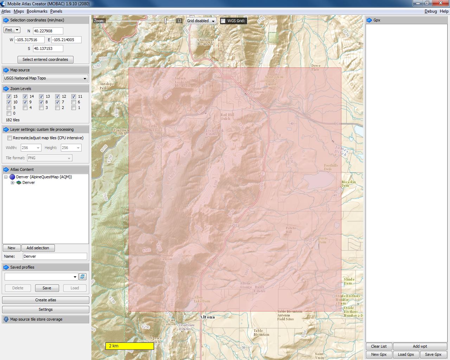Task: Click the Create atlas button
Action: [x=45, y=300]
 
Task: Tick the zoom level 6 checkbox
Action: [x=74, y=102]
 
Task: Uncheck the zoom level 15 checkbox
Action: [x=9, y=96]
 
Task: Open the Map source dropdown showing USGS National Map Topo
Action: [x=45, y=78]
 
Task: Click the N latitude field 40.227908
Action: [x=48, y=31]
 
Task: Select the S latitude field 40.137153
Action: [x=48, y=49]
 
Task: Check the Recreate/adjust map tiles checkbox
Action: [x=10, y=138]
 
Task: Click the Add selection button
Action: [x=38, y=248]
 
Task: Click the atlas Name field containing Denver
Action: [x=54, y=256]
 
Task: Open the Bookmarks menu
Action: [x=37, y=11]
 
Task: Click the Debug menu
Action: [x=430, y=11]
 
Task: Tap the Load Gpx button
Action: [x=406, y=354]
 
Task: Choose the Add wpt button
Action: [x=420, y=346]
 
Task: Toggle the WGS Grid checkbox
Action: [x=223, y=21]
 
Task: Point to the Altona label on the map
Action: [x=207, y=317]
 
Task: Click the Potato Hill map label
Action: [x=290, y=230]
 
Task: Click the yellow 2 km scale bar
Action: [x=129, y=346]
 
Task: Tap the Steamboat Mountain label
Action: [x=205, y=42]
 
